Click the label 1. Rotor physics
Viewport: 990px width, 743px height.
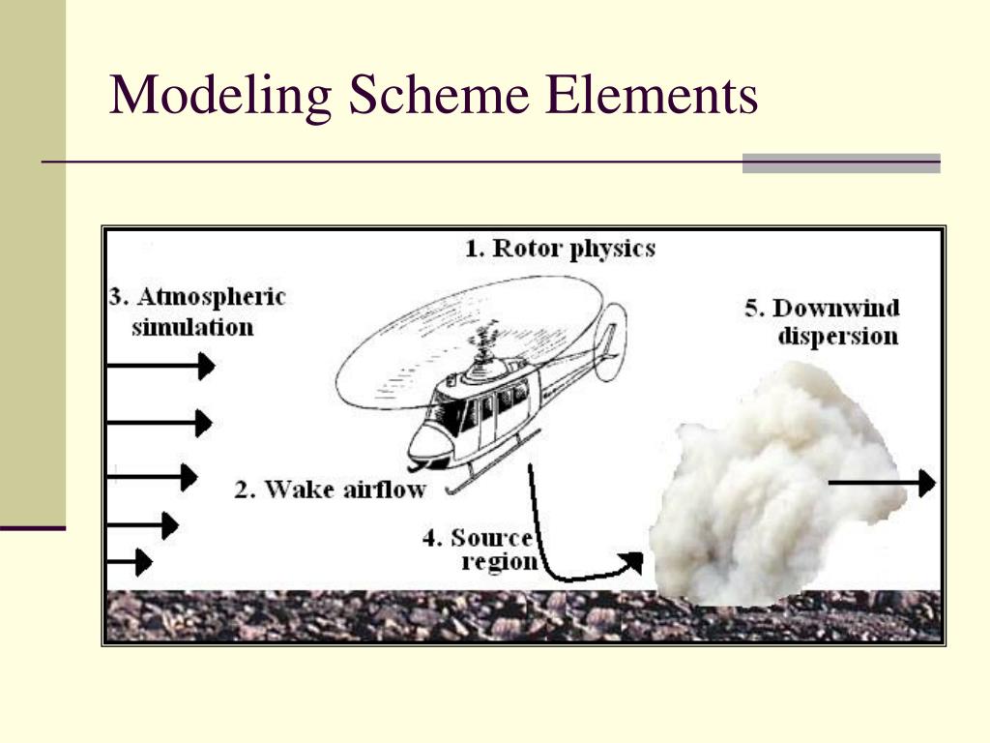coord(560,249)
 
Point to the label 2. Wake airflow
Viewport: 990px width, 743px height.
coord(330,490)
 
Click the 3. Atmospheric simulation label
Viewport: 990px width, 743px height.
coord(197,312)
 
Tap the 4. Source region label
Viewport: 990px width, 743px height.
coord(480,550)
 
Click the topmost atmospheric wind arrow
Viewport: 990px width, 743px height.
coord(160,366)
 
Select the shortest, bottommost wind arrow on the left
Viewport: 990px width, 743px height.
coord(130,561)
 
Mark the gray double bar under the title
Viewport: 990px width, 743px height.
coord(841,163)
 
